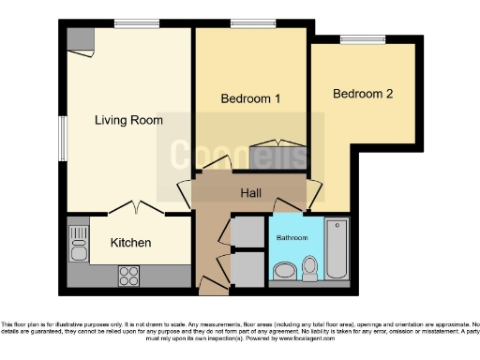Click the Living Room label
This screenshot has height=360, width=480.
point(128,120)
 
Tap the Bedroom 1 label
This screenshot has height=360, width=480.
point(250,98)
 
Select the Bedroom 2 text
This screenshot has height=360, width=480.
point(362,95)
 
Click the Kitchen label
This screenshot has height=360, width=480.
point(130,243)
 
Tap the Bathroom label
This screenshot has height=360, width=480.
point(292,238)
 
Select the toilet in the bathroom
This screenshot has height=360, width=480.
point(309,270)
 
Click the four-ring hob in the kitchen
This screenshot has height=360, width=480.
point(128,276)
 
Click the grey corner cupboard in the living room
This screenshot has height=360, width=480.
point(80,38)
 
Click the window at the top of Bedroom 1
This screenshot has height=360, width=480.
point(247,22)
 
